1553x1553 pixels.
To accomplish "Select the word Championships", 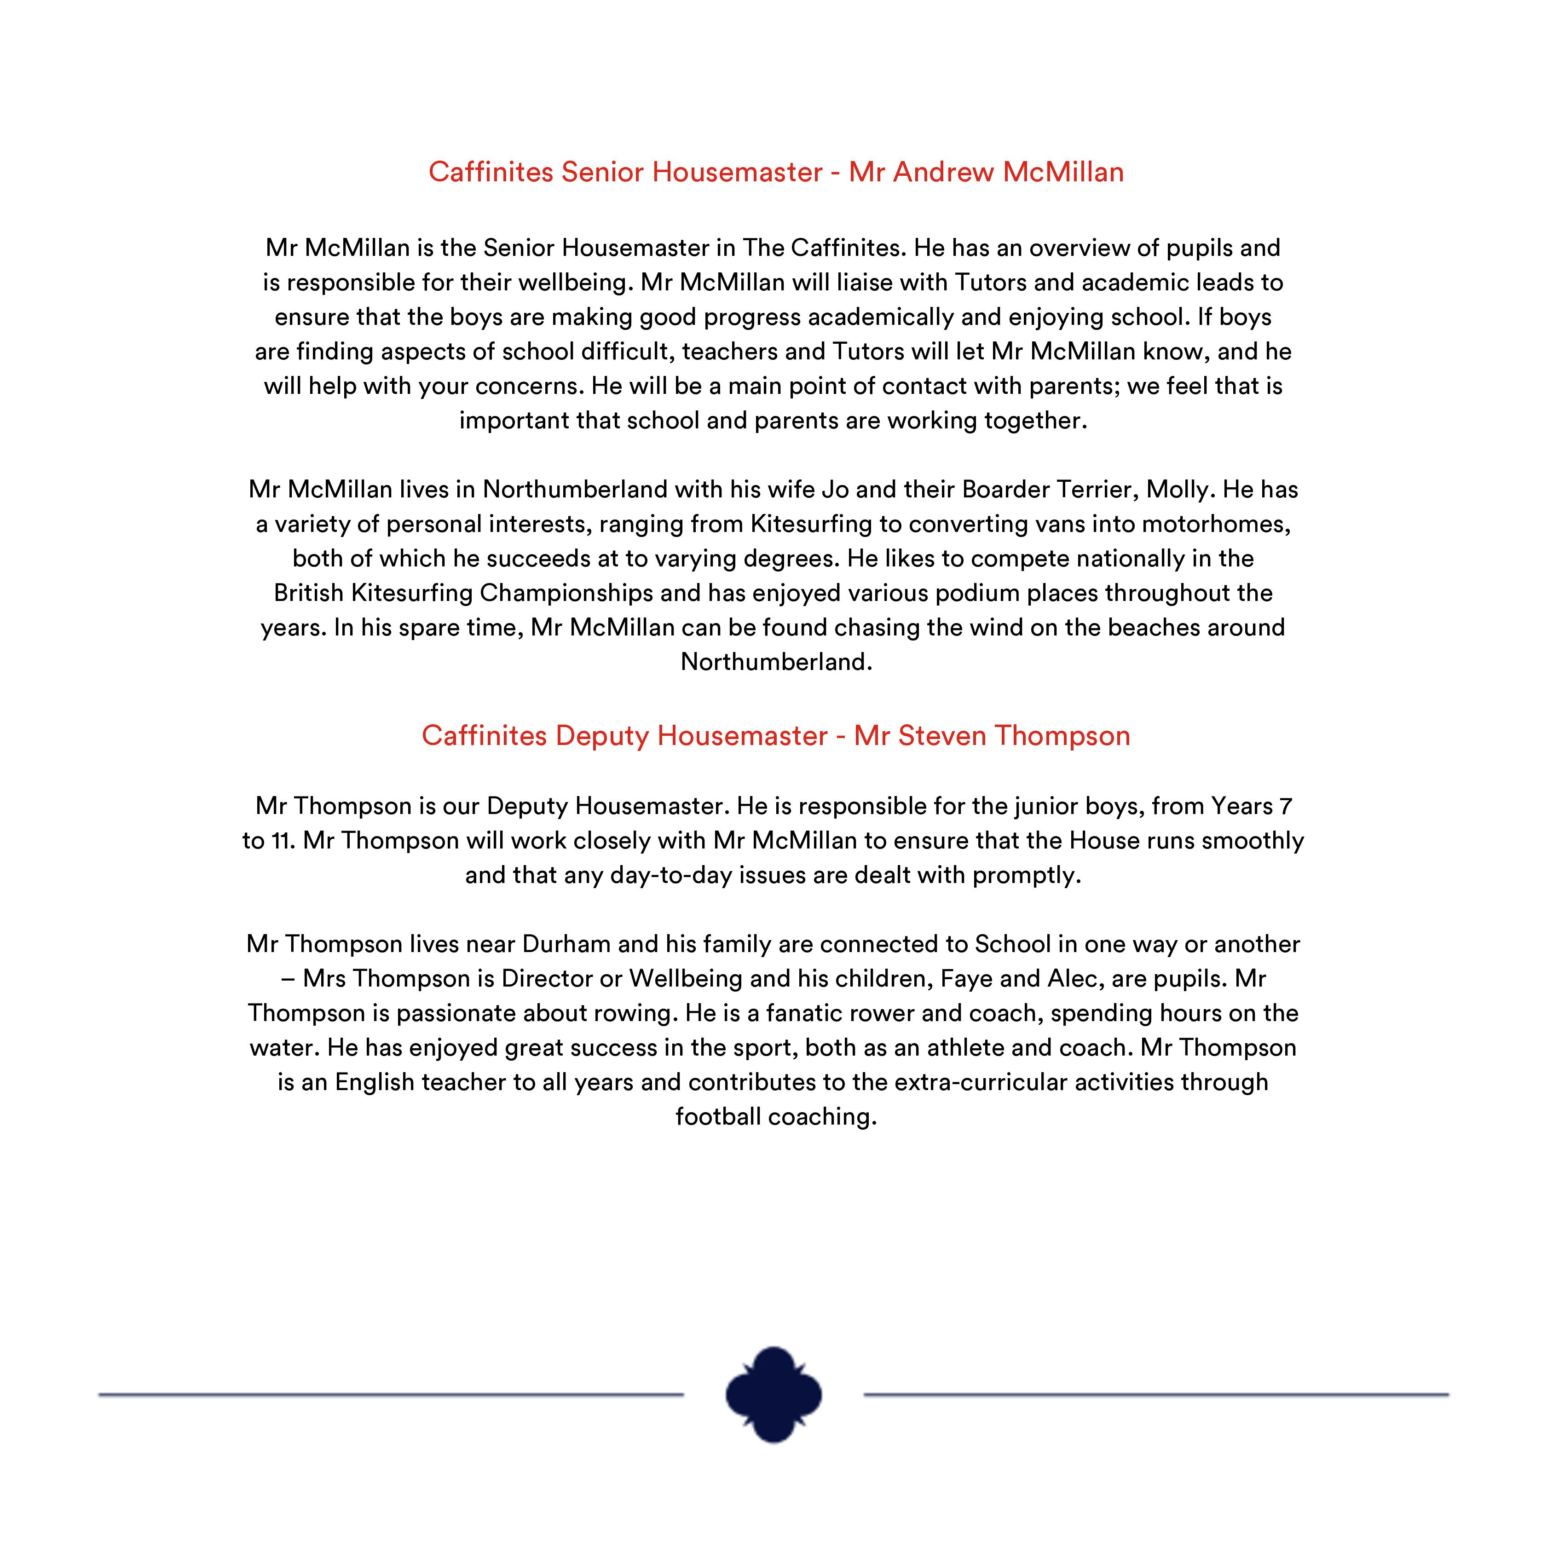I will pyautogui.click(x=566, y=593).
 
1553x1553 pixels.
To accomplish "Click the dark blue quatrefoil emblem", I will pyautogui.click(x=774, y=1395).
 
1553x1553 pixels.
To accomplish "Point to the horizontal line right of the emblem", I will pyautogui.click(x=1156, y=1395).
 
